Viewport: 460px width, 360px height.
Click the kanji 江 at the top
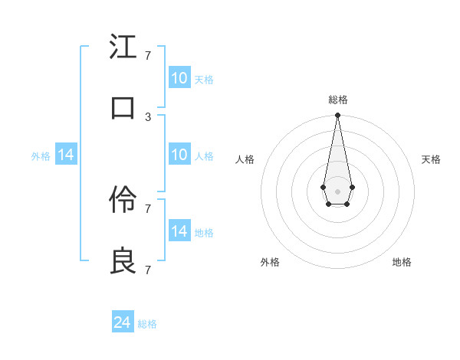click(x=123, y=47)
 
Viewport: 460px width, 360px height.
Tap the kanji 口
click(x=123, y=108)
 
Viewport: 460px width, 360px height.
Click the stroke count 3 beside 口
click(x=148, y=116)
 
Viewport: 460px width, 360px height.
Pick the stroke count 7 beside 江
click(x=148, y=55)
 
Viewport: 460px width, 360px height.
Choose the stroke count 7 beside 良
click(x=148, y=270)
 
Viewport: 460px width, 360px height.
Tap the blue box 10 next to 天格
click(x=179, y=78)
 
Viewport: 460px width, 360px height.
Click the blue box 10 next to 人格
click(x=179, y=155)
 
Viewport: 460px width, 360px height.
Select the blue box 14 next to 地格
click(x=179, y=231)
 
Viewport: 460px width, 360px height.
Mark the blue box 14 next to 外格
click(x=66, y=155)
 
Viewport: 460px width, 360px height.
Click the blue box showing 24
click(x=123, y=322)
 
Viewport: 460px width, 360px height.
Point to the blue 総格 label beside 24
click(x=148, y=324)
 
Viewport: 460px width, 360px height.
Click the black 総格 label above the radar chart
click(x=337, y=100)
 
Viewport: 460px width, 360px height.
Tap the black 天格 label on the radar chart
click(x=432, y=159)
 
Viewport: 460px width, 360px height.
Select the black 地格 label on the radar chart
click(x=402, y=262)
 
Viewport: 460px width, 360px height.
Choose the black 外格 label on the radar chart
click(x=270, y=262)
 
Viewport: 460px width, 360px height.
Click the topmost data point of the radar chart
click(x=337, y=116)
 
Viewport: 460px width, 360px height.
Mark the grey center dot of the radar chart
click(x=337, y=191)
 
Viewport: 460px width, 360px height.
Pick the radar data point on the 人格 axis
click(x=322, y=186)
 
